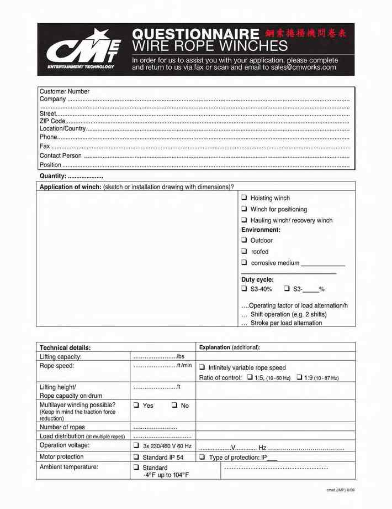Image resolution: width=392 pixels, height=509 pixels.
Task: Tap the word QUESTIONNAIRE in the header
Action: (x=196, y=34)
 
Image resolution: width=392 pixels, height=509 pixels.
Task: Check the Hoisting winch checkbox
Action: (x=244, y=198)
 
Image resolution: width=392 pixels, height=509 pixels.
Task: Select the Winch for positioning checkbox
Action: (x=244, y=209)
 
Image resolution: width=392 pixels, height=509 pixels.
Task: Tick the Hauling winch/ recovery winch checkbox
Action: (x=244, y=220)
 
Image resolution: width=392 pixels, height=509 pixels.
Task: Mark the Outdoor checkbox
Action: (x=244, y=240)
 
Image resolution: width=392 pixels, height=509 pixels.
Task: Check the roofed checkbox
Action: (x=244, y=252)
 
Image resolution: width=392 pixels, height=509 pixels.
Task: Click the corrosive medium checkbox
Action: (x=244, y=263)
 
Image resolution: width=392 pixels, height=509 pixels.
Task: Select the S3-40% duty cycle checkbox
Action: (x=244, y=289)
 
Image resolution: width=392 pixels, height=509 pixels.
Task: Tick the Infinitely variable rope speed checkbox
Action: (x=202, y=367)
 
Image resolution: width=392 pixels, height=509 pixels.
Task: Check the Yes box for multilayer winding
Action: (x=136, y=406)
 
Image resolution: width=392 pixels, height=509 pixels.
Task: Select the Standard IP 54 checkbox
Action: (x=136, y=458)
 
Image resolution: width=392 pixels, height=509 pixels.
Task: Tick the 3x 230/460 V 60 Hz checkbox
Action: (x=136, y=445)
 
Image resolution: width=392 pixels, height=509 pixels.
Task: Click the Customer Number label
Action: (x=65, y=91)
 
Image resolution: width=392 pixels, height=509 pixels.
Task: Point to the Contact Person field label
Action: (x=61, y=155)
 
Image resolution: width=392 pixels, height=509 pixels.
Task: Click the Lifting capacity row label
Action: (x=61, y=357)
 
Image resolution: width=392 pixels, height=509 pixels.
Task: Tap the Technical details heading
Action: (x=65, y=347)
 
